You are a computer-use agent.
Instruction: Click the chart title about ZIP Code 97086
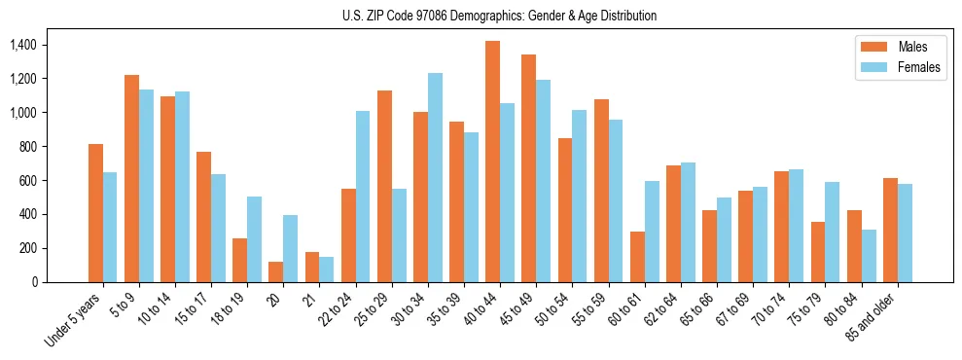click(x=500, y=16)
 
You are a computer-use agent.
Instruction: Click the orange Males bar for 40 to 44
click(x=492, y=162)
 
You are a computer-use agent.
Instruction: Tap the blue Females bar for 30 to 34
click(x=435, y=177)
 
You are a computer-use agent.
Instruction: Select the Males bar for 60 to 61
click(x=637, y=257)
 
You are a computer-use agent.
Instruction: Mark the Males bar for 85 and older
click(x=890, y=230)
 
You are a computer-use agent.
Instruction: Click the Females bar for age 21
click(x=327, y=270)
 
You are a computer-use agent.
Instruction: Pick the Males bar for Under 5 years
click(x=95, y=213)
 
